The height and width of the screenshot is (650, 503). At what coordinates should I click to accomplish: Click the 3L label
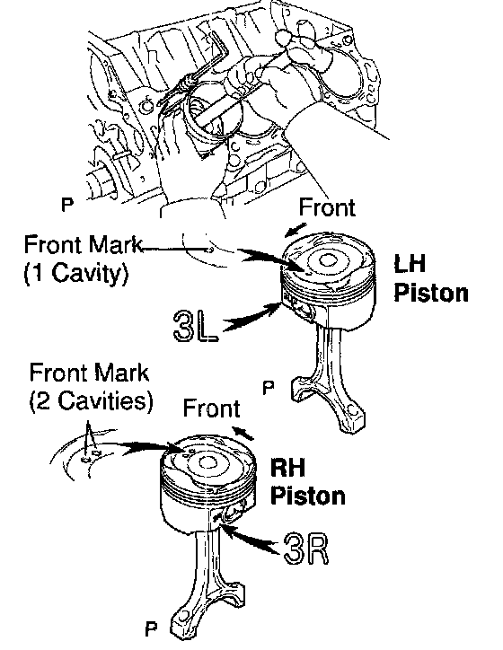tap(196, 326)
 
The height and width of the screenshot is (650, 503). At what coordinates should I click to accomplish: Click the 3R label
tap(306, 549)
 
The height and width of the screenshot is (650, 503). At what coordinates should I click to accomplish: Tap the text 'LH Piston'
tap(431, 278)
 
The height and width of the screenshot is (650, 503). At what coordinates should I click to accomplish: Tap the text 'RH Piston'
tap(308, 481)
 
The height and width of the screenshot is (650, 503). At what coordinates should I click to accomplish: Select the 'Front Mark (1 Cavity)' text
tap(83, 259)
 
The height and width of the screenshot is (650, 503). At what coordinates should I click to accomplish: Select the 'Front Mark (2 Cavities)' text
tap(91, 387)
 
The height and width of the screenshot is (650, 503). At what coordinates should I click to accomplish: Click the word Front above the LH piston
tap(327, 207)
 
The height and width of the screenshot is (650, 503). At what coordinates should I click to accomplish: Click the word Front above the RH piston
tap(211, 408)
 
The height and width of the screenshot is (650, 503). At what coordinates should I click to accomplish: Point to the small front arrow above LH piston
tap(296, 231)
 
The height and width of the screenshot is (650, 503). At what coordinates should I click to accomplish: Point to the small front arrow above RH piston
tap(243, 433)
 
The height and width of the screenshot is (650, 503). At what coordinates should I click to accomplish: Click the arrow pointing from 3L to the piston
tap(251, 317)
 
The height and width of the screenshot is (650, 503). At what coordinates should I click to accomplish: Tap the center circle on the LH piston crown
tap(328, 260)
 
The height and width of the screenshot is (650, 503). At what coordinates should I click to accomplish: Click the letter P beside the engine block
tap(67, 204)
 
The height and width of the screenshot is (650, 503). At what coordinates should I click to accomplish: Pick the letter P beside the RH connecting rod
tap(152, 628)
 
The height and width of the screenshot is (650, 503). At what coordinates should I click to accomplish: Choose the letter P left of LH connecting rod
tap(269, 388)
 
